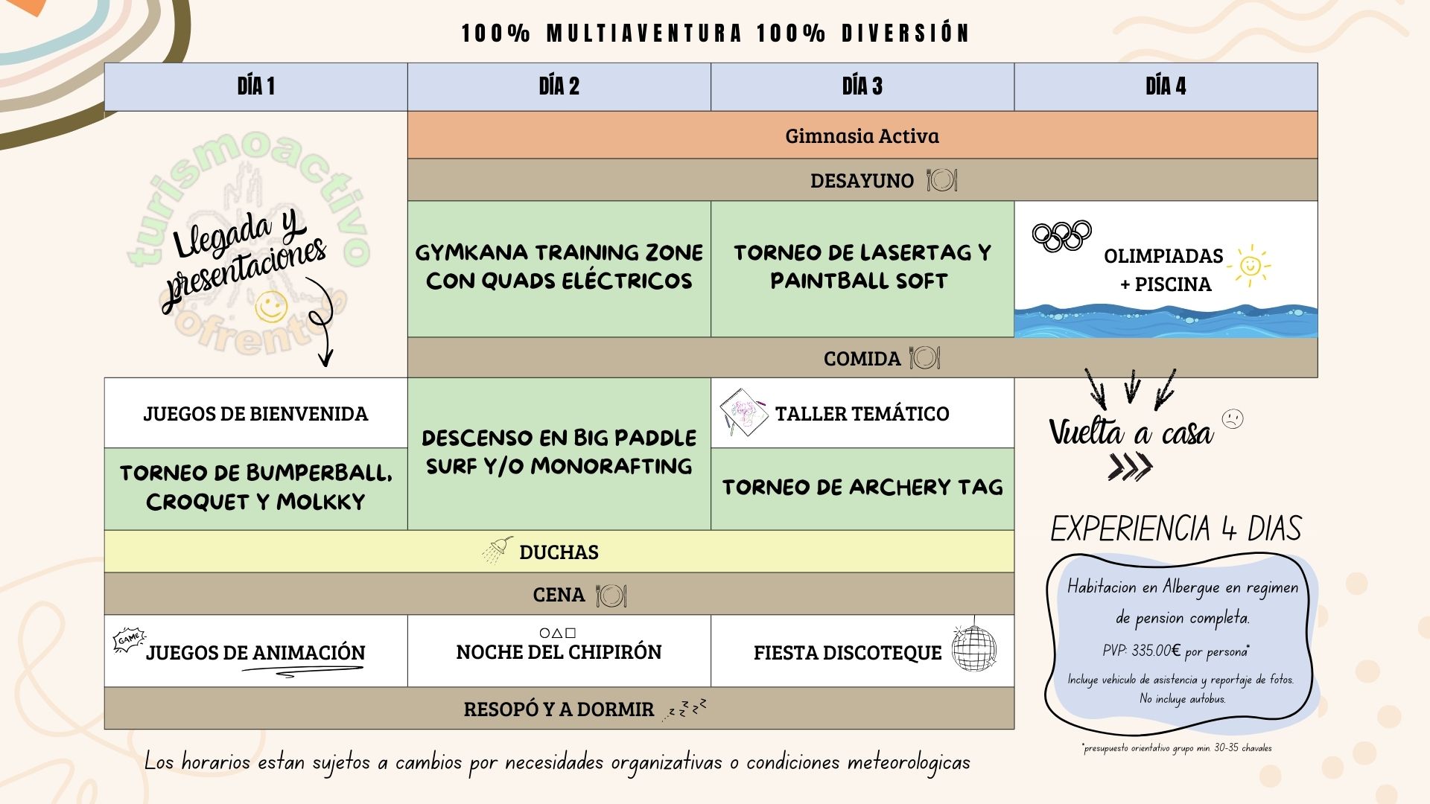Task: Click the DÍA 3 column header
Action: click(862, 86)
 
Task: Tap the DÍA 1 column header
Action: click(255, 86)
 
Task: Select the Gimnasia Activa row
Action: click(862, 135)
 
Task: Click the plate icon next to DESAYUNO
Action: click(941, 180)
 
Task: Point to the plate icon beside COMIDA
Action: click(924, 358)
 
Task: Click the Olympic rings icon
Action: click(1061, 236)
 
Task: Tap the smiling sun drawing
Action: click(1251, 266)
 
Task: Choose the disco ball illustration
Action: click(973, 647)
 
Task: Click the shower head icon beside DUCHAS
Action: click(497, 550)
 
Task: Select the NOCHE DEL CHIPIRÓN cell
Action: click(559, 651)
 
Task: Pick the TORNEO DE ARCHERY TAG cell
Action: click(862, 488)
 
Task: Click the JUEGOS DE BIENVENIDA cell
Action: click(255, 413)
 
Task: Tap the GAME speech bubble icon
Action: click(129, 640)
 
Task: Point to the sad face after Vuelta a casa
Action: click(1233, 419)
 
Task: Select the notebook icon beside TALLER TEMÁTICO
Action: click(743, 412)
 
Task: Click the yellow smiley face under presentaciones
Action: click(271, 306)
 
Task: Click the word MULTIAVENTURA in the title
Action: click(644, 33)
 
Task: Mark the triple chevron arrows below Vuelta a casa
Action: click(1130, 467)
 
